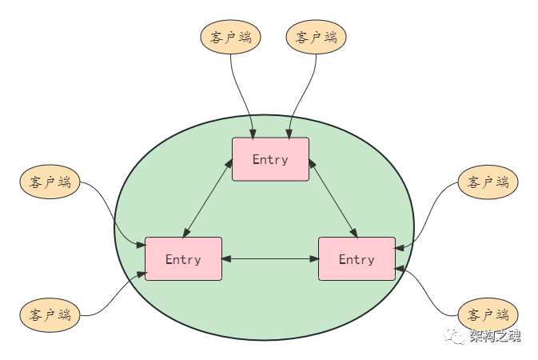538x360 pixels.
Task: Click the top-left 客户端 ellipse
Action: point(230,38)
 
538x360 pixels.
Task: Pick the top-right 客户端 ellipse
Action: point(316,38)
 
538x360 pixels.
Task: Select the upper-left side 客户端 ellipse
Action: point(50,182)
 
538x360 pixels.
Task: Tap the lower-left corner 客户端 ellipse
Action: point(50,314)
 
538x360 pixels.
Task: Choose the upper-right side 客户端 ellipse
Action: point(488,182)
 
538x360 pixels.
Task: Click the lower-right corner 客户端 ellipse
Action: point(488,314)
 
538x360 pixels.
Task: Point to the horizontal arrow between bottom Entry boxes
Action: point(269,258)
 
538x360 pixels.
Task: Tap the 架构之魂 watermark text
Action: point(495,335)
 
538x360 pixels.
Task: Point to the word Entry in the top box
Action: point(270,159)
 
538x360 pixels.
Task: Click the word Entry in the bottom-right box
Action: point(357,259)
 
